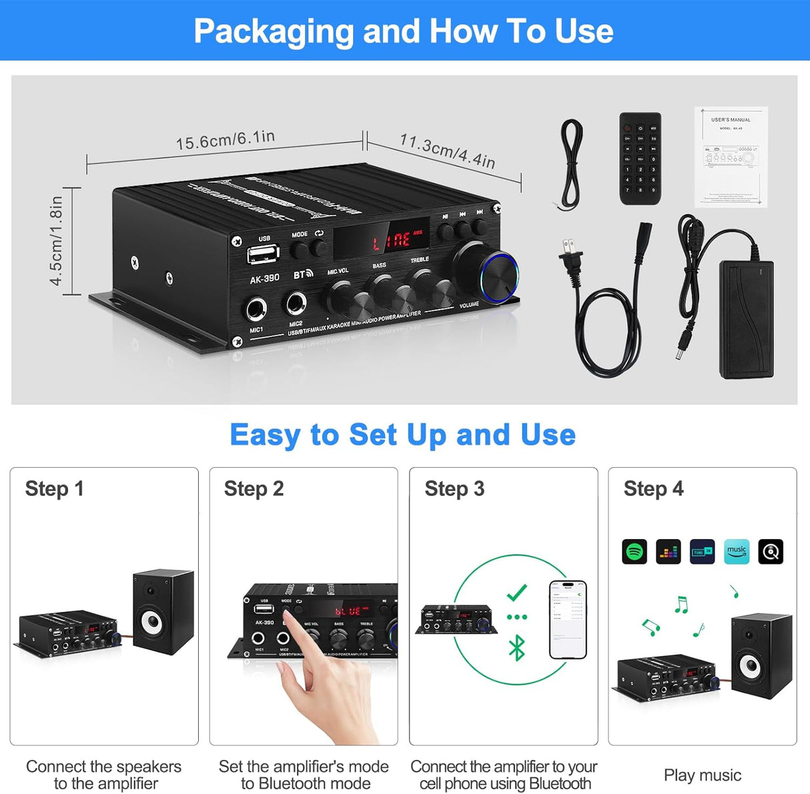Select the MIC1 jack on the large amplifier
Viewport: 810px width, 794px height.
256,310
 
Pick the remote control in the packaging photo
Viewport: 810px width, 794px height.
641,158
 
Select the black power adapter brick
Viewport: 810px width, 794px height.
746,319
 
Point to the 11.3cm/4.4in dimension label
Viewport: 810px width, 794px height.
447,150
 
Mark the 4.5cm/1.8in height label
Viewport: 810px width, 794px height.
57,240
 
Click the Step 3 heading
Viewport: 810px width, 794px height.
454,489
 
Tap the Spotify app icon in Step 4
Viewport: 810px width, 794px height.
635,552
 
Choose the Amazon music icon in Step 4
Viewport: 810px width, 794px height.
737,552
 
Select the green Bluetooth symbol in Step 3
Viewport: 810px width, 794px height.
516,648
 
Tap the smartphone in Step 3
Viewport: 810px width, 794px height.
568,620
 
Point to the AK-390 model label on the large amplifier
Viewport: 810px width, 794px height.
264,278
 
